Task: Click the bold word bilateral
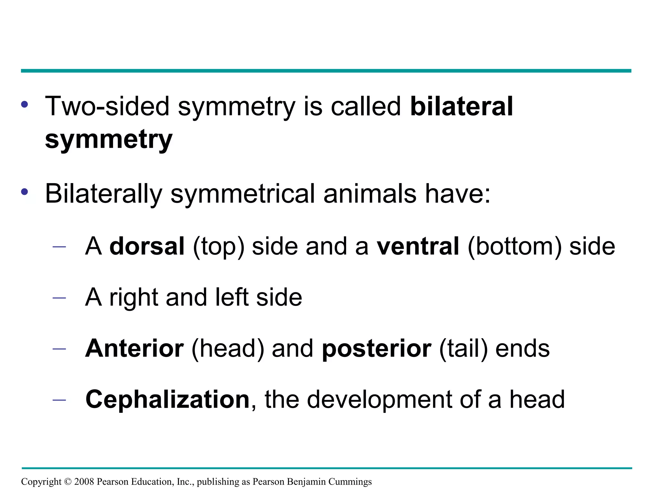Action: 461,107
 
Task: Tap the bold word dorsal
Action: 147,246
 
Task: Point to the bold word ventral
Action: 418,246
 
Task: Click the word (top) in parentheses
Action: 218,247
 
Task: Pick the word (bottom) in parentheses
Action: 514,247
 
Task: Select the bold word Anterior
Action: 134,348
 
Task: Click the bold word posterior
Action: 377,349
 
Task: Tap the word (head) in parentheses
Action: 228,349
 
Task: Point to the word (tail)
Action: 463,349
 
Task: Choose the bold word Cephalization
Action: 167,399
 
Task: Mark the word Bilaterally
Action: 103,194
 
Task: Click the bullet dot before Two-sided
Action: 25,104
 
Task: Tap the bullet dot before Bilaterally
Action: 25,192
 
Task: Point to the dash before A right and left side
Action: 59,298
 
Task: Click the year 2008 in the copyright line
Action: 84,482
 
